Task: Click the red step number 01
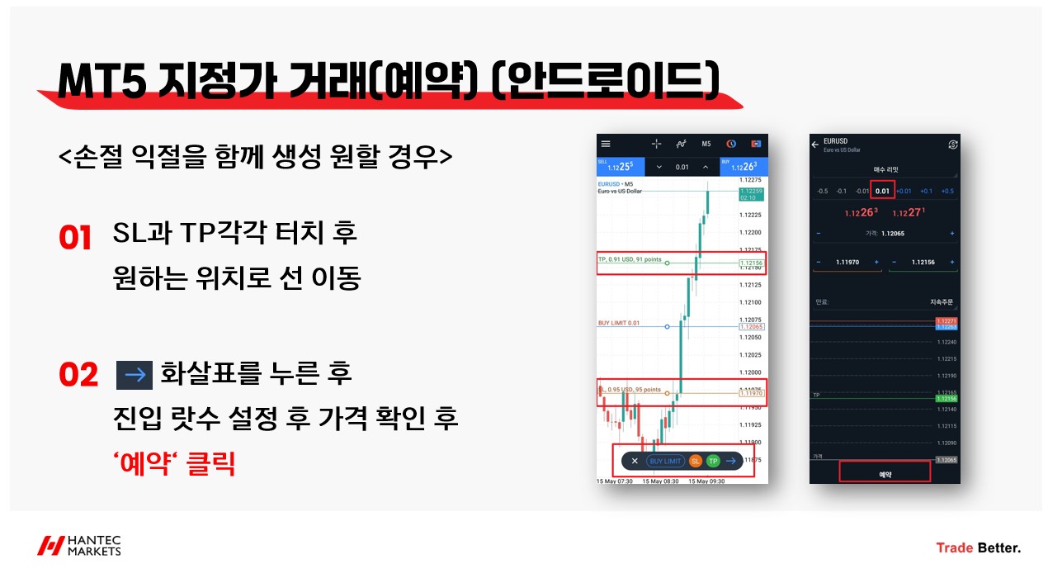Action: click(75, 237)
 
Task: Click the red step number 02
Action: click(78, 374)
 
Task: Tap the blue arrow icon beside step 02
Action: click(135, 375)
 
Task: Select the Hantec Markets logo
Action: click(79, 546)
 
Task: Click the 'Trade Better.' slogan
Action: click(978, 547)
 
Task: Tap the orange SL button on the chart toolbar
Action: click(695, 461)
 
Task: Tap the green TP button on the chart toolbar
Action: click(713, 461)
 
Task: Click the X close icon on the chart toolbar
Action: click(634, 461)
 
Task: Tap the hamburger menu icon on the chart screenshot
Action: click(607, 144)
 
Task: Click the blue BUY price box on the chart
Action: click(744, 166)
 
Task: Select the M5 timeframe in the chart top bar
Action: click(706, 144)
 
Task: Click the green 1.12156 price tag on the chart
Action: click(752, 263)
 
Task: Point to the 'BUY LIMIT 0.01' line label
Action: click(619, 323)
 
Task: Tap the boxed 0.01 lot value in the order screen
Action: click(882, 191)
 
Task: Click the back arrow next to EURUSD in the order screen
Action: click(816, 145)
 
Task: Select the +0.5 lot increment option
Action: click(947, 191)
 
